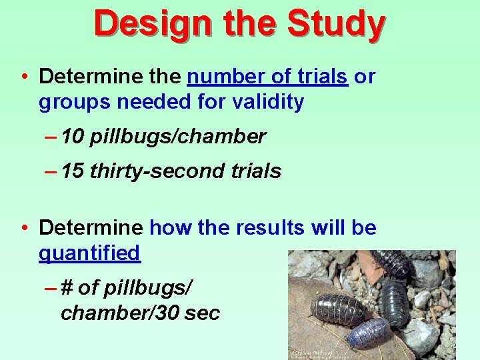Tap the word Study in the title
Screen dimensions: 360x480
pos(335,24)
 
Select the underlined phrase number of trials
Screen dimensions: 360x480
pos(267,77)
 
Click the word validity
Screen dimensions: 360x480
pos(267,102)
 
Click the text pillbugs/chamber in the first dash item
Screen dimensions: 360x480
pos(177,137)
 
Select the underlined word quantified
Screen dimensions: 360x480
pos(89,253)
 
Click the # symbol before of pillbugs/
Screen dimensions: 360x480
pos(67,287)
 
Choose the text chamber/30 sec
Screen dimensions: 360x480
pos(140,313)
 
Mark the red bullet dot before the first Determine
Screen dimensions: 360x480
pos(24,77)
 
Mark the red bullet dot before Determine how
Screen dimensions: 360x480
pos(24,228)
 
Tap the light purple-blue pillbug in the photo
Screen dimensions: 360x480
pos(369,331)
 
